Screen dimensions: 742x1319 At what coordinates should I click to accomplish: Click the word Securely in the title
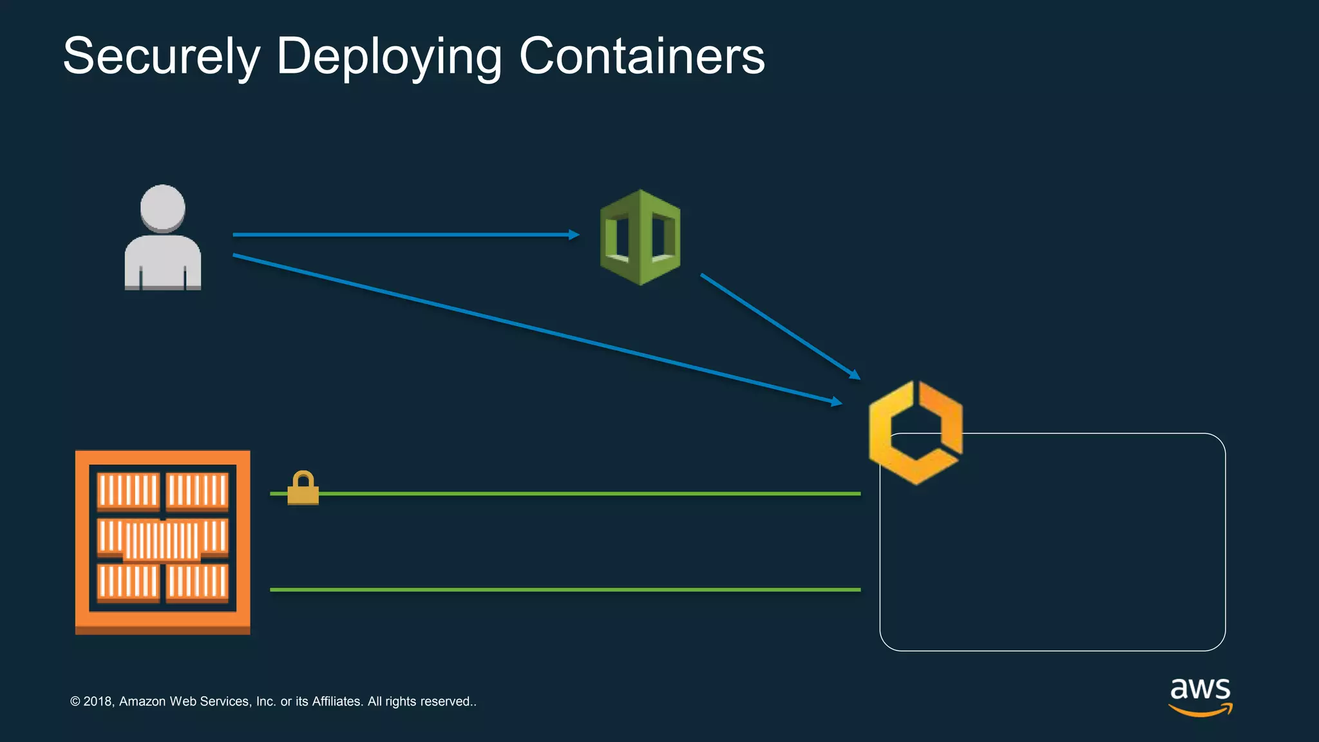[161, 57]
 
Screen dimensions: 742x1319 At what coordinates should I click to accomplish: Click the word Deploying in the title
[388, 57]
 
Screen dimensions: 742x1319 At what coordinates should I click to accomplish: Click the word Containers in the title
[641, 57]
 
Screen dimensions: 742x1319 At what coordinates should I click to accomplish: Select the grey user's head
[163, 207]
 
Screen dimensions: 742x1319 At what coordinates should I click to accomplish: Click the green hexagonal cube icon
[640, 237]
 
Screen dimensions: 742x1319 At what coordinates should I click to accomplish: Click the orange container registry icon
[162, 542]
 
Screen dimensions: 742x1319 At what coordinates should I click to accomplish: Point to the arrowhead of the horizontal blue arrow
[574, 235]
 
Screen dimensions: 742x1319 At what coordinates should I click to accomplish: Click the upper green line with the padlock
[580, 493]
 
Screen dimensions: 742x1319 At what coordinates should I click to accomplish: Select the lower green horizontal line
[565, 589]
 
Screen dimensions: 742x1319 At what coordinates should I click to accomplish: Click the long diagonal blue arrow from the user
[535, 328]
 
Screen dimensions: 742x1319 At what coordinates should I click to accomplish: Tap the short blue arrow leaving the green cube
[779, 326]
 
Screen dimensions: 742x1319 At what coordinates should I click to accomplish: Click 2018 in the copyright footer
[98, 701]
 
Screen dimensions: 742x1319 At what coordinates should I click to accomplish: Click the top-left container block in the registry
[128, 491]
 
